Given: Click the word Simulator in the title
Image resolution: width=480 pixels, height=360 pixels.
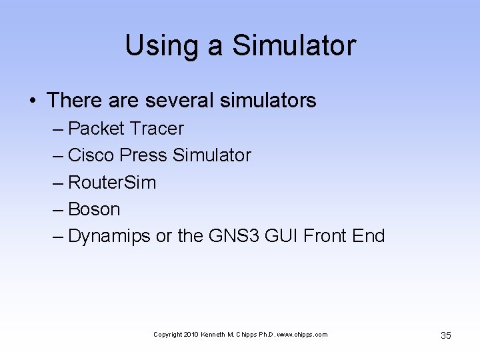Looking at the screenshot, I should [x=294, y=46].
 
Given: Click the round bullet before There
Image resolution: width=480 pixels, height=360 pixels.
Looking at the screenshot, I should [x=33, y=101].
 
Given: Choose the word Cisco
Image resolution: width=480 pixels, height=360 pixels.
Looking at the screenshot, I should [x=91, y=155].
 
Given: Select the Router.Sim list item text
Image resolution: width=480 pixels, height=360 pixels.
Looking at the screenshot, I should [x=112, y=183].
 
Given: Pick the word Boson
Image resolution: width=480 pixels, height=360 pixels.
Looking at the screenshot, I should [x=94, y=209].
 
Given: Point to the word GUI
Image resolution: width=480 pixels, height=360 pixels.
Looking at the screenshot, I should [x=281, y=237].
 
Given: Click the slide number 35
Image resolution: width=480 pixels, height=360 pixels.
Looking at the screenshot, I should [x=446, y=335].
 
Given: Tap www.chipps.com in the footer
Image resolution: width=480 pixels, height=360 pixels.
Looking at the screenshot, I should [x=305, y=334].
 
